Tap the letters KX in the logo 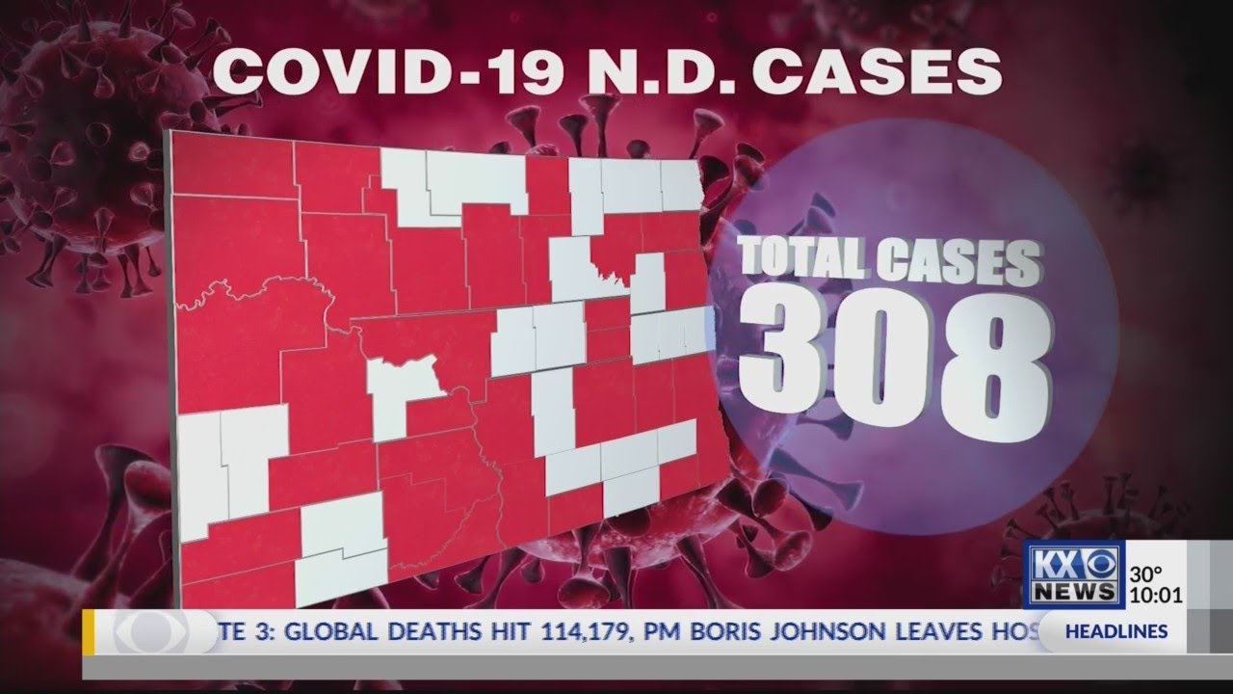pos(1055,564)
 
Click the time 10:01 pos(1158,595)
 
